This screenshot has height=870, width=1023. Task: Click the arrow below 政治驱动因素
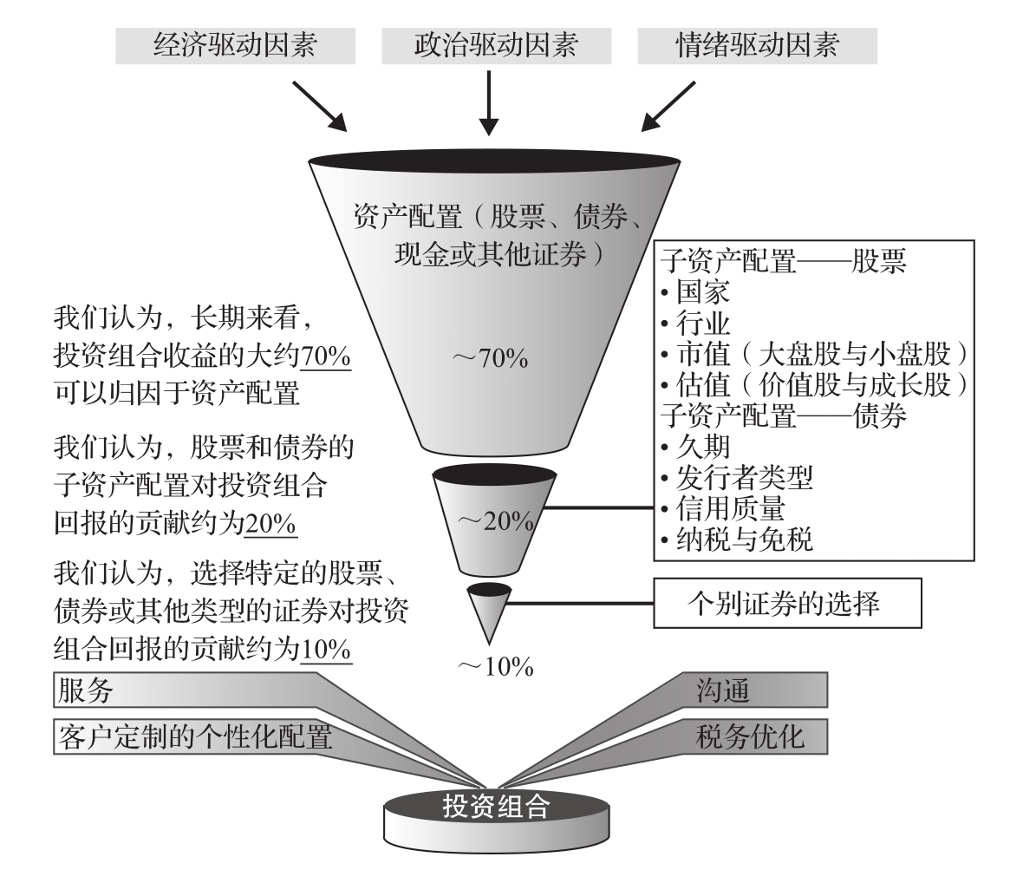point(491,101)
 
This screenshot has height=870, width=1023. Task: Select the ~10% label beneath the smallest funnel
point(495,667)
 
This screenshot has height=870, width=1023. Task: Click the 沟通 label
point(722,691)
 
